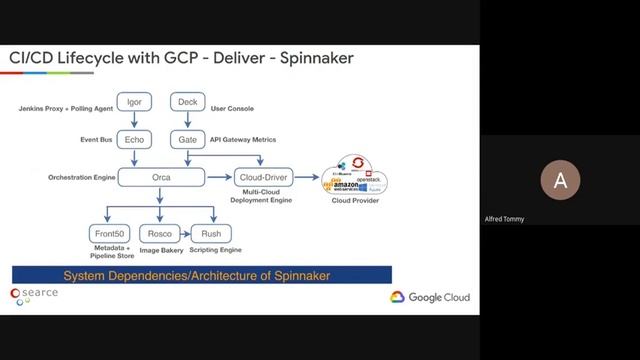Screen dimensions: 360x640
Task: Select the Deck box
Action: pyautogui.click(x=187, y=102)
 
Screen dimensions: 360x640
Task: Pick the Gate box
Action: pyautogui.click(x=187, y=139)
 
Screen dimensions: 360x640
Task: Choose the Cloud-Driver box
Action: pyautogui.click(x=263, y=177)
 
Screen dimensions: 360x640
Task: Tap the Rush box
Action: pyautogui.click(x=204, y=234)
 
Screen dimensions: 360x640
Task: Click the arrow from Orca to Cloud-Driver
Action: pyautogui.click(x=218, y=177)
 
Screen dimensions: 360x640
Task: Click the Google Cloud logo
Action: pyautogui.click(x=429, y=297)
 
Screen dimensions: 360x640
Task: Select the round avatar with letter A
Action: pyautogui.click(x=560, y=181)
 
